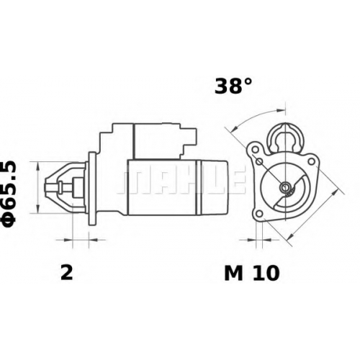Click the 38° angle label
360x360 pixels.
pos(233,86)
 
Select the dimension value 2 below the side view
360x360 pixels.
pos(66,273)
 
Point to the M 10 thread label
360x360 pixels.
pos(252,273)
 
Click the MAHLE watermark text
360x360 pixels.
pos(181,179)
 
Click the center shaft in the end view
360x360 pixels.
pos(286,186)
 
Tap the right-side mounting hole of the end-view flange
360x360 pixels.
pos(311,161)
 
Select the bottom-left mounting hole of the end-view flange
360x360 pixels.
pos(259,213)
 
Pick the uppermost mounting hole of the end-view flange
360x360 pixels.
pos(256,149)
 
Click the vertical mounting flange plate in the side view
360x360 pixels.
pos(92,189)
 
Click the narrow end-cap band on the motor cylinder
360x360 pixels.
pos(198,187)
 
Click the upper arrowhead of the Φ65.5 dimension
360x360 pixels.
pos(37,166)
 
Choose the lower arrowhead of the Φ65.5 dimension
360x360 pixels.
pos(37,208)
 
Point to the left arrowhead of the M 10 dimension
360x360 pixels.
pos(251,239)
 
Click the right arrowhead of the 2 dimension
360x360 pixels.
pos(93,239)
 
